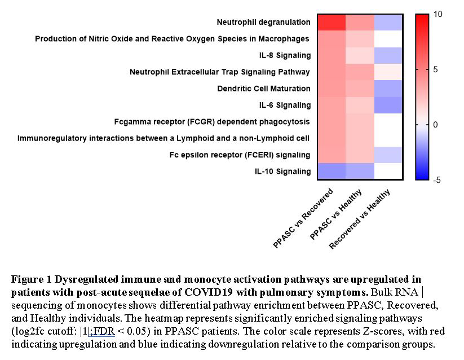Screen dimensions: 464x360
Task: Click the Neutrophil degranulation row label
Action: pos(263,22)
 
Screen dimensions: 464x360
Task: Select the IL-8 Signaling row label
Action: pos(285,55)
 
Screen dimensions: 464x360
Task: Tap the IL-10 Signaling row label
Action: pos(283,172)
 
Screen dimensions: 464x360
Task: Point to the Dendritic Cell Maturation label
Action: pos(264,89)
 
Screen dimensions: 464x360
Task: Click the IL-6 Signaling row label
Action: pos(285,105)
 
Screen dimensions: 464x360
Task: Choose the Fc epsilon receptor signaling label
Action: pos(240,155)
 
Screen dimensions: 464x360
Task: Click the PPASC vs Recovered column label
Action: pos(303,218)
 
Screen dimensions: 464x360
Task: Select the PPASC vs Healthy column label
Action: pos(335,214)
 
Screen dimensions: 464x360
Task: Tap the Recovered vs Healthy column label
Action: pos(359,219)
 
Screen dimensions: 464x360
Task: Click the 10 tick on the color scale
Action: pos(438,14)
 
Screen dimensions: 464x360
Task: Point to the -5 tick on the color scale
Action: pos(437,179)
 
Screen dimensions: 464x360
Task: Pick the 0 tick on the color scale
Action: pos(435,125)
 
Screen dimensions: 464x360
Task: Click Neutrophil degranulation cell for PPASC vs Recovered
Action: pos(332,23)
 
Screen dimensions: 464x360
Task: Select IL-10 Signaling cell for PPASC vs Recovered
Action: pos(332,171)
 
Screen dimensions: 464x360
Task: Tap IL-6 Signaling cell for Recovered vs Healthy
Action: pos(388,105)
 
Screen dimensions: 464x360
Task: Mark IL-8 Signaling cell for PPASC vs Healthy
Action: pos(360,56)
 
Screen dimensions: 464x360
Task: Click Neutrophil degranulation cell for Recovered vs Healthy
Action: pos(388,23)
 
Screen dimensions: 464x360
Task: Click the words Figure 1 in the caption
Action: pos(32,279)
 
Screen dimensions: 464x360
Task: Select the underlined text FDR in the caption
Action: pos(104,331)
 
